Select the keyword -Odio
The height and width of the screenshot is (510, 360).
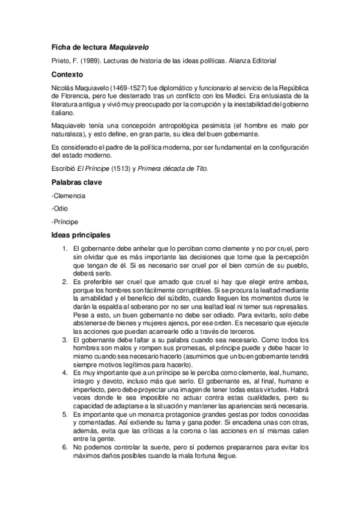pos(61,209)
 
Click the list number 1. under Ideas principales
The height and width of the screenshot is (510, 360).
pos(65,248)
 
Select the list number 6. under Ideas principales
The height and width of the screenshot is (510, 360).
pos(65,447)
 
